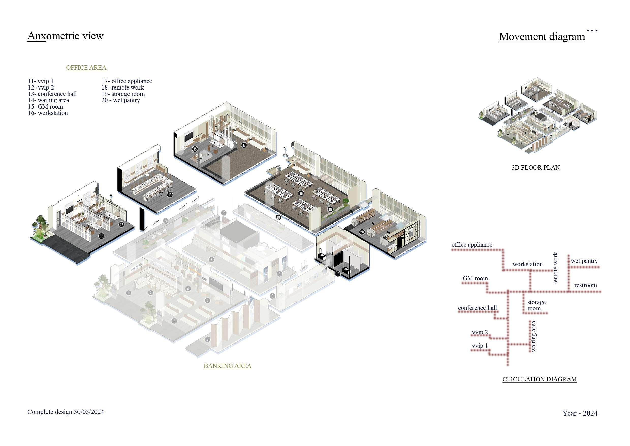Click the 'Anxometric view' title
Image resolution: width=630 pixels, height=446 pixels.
(x=65, y=36)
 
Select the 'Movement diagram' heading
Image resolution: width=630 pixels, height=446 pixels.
(x=542, y=37)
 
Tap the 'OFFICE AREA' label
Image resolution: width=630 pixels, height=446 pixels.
(x=86, y=68)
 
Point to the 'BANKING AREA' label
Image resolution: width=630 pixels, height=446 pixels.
(x=227, y=366)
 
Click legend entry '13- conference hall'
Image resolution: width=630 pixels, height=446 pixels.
(x=52, y=94)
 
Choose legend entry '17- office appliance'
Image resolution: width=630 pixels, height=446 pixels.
(x=127, y=81)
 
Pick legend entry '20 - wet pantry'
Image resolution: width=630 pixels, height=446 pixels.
(x=121, y=100)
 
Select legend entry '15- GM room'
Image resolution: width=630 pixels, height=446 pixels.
(x=45, y=107)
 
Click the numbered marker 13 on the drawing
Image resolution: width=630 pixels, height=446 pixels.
(x=170, y=195)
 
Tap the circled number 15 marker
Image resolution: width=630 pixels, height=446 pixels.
(x=195, y=149)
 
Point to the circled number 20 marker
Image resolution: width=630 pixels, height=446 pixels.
(x=362, y=232)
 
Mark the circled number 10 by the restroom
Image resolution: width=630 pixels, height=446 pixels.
(x=338, y=274)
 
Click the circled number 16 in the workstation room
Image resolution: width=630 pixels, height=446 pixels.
(x=301, y=193)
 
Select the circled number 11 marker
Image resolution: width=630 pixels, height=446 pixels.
(x=102, y=236)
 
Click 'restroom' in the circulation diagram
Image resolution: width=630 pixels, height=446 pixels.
(x=586, y=285)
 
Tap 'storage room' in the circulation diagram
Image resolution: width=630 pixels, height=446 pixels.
(x=537, y=305)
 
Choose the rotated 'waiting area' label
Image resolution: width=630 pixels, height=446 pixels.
(x=533, y=336)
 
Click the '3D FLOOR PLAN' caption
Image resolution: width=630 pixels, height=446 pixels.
(x=535, y=168)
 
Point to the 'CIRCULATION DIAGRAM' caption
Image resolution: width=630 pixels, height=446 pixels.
(x=540, y=379)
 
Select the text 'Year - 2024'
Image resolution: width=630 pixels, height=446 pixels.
(x=580, y=413)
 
